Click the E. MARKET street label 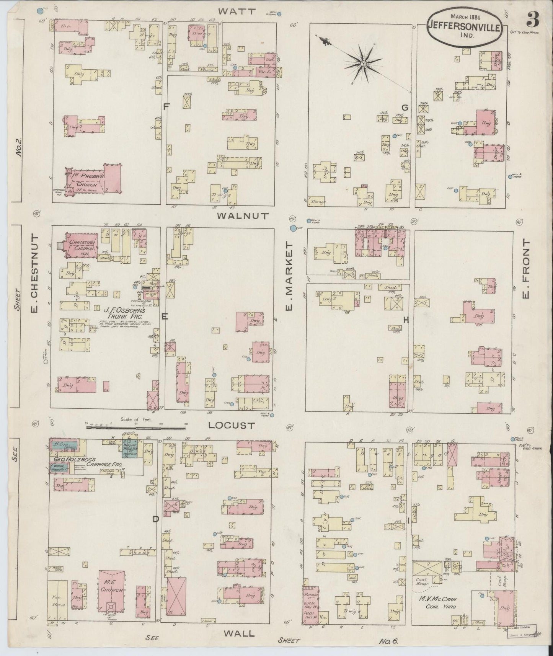[289, 277]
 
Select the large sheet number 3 [532, 19]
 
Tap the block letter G [405, 108]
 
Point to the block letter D [156, 519]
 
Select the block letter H [406, 321]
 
